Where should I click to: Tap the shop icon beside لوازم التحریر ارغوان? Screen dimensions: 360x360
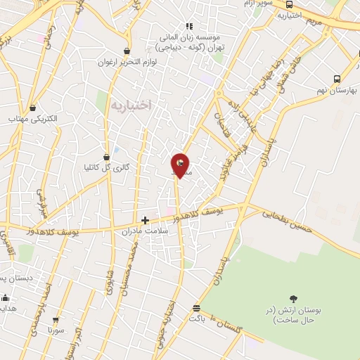coord(127,51)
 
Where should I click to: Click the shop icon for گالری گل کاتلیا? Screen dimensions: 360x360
coord(106,157)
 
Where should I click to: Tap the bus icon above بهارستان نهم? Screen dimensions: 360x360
coord(337,79)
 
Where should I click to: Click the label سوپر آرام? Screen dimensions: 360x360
coord(258,4)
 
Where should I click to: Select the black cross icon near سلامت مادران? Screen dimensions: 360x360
coord(146,220)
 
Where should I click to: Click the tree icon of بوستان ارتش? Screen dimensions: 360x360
coord(293,299)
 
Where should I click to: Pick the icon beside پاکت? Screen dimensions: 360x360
coord(195,308)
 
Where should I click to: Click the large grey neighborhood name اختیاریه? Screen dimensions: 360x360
coord(131,105)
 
